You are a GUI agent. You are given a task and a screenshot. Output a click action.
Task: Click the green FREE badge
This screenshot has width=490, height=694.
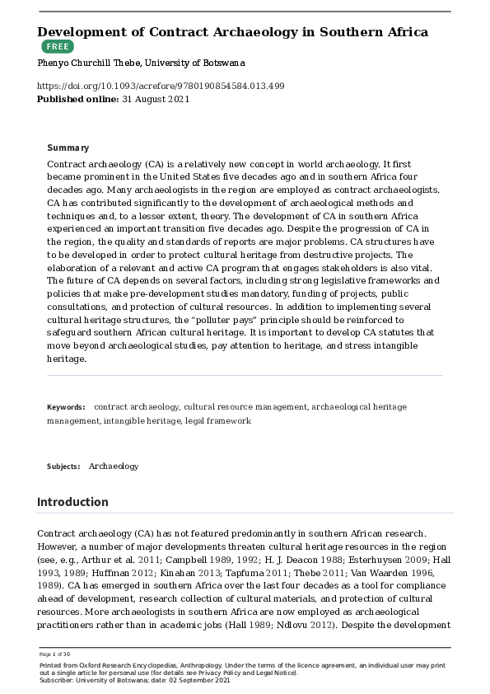click(57, 47)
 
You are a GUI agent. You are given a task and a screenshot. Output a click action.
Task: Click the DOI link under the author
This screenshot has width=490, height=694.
click(161, 86)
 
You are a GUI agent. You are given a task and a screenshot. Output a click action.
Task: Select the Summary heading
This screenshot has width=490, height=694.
click(68, 148)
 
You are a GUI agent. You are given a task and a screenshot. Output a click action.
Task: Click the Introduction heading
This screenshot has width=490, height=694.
click(72, 501)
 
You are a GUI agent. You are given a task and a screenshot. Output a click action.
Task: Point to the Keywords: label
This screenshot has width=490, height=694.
click(66, 407)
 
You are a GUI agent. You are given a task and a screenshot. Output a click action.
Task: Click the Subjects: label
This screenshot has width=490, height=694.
click(63, 467)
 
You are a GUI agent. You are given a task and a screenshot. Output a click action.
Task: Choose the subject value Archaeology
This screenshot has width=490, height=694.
click(114, 467)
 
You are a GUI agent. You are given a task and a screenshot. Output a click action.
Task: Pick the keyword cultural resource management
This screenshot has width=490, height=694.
click(246, 407)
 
